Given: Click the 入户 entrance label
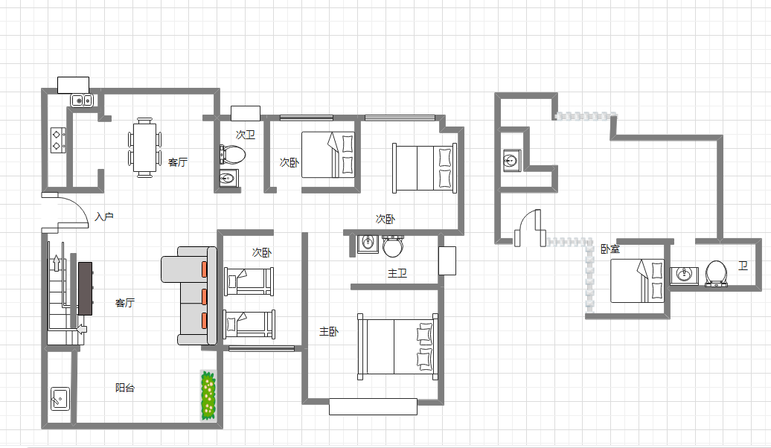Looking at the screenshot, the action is pos(104,217).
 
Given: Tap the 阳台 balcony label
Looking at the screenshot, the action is pos(125,388).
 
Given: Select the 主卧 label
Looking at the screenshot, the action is pos(329,331).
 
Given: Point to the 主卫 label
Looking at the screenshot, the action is pos(397,273).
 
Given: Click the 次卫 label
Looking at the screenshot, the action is pos(246,134).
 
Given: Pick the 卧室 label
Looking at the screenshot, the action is pos(610,249).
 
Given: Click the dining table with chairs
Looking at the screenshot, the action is pos(144,147).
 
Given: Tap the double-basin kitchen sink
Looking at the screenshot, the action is pos(82,100).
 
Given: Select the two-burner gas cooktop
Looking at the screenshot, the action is pos(58,140).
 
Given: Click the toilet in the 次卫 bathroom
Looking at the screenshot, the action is pos(233,154).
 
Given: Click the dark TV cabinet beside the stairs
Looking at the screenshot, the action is pos(85,288).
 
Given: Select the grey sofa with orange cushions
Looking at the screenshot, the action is pos(189,295).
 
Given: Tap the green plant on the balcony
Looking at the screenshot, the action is pos(208,395).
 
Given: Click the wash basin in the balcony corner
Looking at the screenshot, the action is pos(60,399).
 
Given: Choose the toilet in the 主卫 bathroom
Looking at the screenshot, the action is pos(393,246).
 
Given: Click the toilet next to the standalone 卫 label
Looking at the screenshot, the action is pos(717,273).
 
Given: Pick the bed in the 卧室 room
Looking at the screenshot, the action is pos(637,281).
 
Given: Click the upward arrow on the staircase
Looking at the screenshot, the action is pos(57,263).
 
